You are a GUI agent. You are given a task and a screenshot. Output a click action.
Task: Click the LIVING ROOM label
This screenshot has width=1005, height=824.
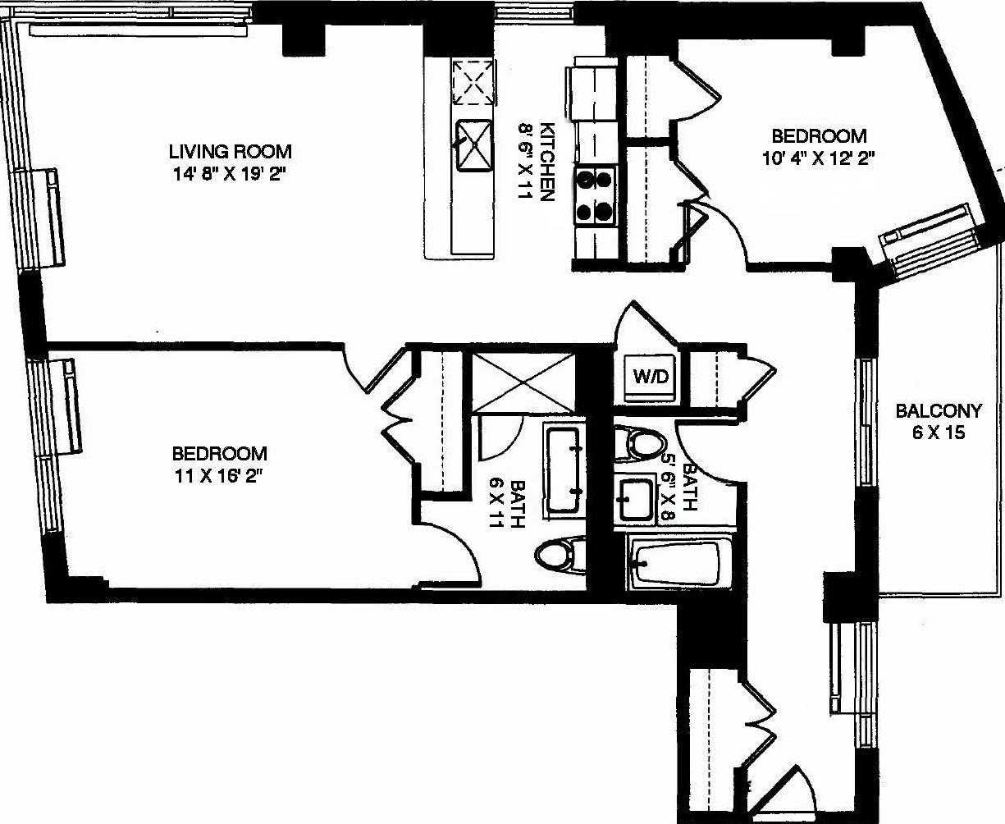click(x=230, y=152)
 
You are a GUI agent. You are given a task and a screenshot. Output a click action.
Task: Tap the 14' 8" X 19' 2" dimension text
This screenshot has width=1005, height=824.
click(x=230, y=173)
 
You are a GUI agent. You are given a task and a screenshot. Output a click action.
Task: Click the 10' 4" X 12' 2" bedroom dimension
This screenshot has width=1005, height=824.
click(x=818, y=158)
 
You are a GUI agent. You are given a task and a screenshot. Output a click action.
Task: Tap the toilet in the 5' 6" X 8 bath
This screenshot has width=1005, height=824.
click(x=640, y=443)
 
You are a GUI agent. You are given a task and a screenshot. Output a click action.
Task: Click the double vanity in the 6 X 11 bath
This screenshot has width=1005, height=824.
click(x=564, y=469)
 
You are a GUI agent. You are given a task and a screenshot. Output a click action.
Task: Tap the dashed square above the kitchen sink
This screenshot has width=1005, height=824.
click(x=475, y=82)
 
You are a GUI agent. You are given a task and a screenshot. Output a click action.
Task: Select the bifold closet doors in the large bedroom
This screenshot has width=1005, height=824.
click(x=394, y=419)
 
